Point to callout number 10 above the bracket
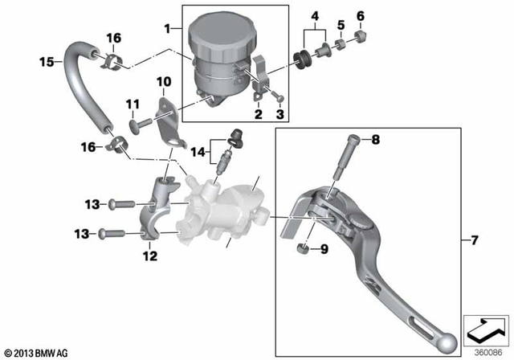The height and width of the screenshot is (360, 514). pyautogui.click(x=163, y=81)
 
